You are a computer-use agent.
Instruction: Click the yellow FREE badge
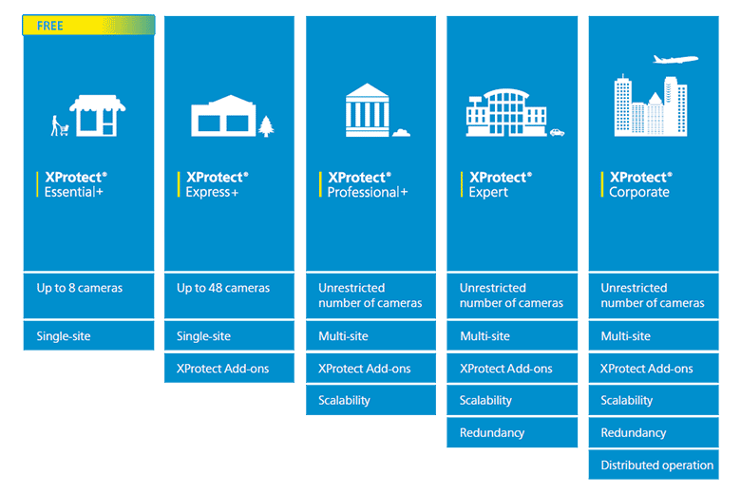(x=88, y=25)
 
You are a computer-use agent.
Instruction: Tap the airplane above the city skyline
(x=675, y=59)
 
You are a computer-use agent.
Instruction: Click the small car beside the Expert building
(x=557, y=132)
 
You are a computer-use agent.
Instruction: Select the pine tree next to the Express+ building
(x=266, y=126)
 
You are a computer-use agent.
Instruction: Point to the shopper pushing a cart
(x=59, y=125)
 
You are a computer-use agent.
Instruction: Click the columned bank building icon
(x=368, y=110)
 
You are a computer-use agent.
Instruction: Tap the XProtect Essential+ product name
(x=76, y=184)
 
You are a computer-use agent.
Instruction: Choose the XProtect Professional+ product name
(x=368, y=184)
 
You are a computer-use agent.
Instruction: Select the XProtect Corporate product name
(x=640, y=184)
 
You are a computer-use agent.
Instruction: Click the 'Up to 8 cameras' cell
(x=89, y=295)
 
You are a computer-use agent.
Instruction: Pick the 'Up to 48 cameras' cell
(x=229, y=295)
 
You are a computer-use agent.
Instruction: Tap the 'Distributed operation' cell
(x=654, y=465)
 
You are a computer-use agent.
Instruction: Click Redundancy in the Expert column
(x=512, y=432)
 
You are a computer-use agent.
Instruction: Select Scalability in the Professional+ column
(x=370, y=400)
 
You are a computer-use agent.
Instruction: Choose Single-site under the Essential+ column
(x=89, y=335)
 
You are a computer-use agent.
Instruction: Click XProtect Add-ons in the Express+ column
(x=229, y=368)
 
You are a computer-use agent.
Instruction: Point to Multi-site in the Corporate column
(x=654, y=335)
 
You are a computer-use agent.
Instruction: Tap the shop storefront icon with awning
(x=97, y=115)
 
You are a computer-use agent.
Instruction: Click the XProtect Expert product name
(x=500, y=184)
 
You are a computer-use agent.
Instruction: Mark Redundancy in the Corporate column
(x=654, y=432)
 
